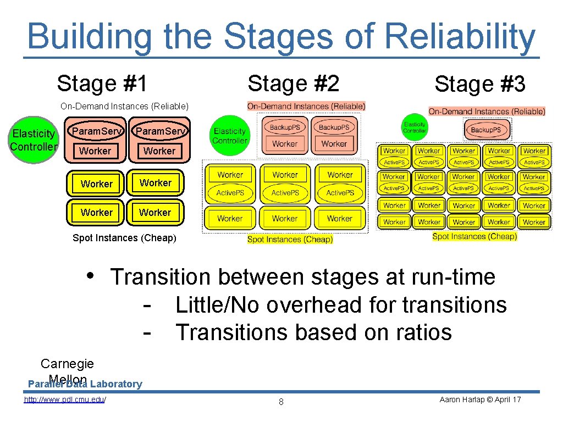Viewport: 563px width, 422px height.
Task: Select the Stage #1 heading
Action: [102, 84]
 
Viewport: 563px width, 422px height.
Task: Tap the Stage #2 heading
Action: [294, 84]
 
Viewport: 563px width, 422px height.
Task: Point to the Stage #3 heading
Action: [479, 85]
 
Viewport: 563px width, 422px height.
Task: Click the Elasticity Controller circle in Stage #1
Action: [34, 140]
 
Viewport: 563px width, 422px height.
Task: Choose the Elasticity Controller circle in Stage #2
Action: [230, 135]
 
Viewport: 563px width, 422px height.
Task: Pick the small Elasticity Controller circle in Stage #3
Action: [415, 128]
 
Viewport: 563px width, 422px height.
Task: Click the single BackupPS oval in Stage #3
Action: [486, 130]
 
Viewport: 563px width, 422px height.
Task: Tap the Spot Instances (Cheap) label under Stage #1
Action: [124, 238]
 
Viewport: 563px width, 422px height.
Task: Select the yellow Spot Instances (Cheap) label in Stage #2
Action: [290, 239]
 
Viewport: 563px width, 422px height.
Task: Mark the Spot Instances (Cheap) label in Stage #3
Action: [474, 236]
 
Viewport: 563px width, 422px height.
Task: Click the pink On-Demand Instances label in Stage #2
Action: [306, 106]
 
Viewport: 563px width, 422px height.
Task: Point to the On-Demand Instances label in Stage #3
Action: [487, 111]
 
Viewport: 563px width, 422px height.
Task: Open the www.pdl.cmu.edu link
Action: [65, 399]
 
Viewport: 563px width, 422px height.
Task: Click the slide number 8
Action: [281, 402]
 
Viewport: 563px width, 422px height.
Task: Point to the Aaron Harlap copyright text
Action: [480, 399]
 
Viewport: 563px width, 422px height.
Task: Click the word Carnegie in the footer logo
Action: [67, 364]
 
